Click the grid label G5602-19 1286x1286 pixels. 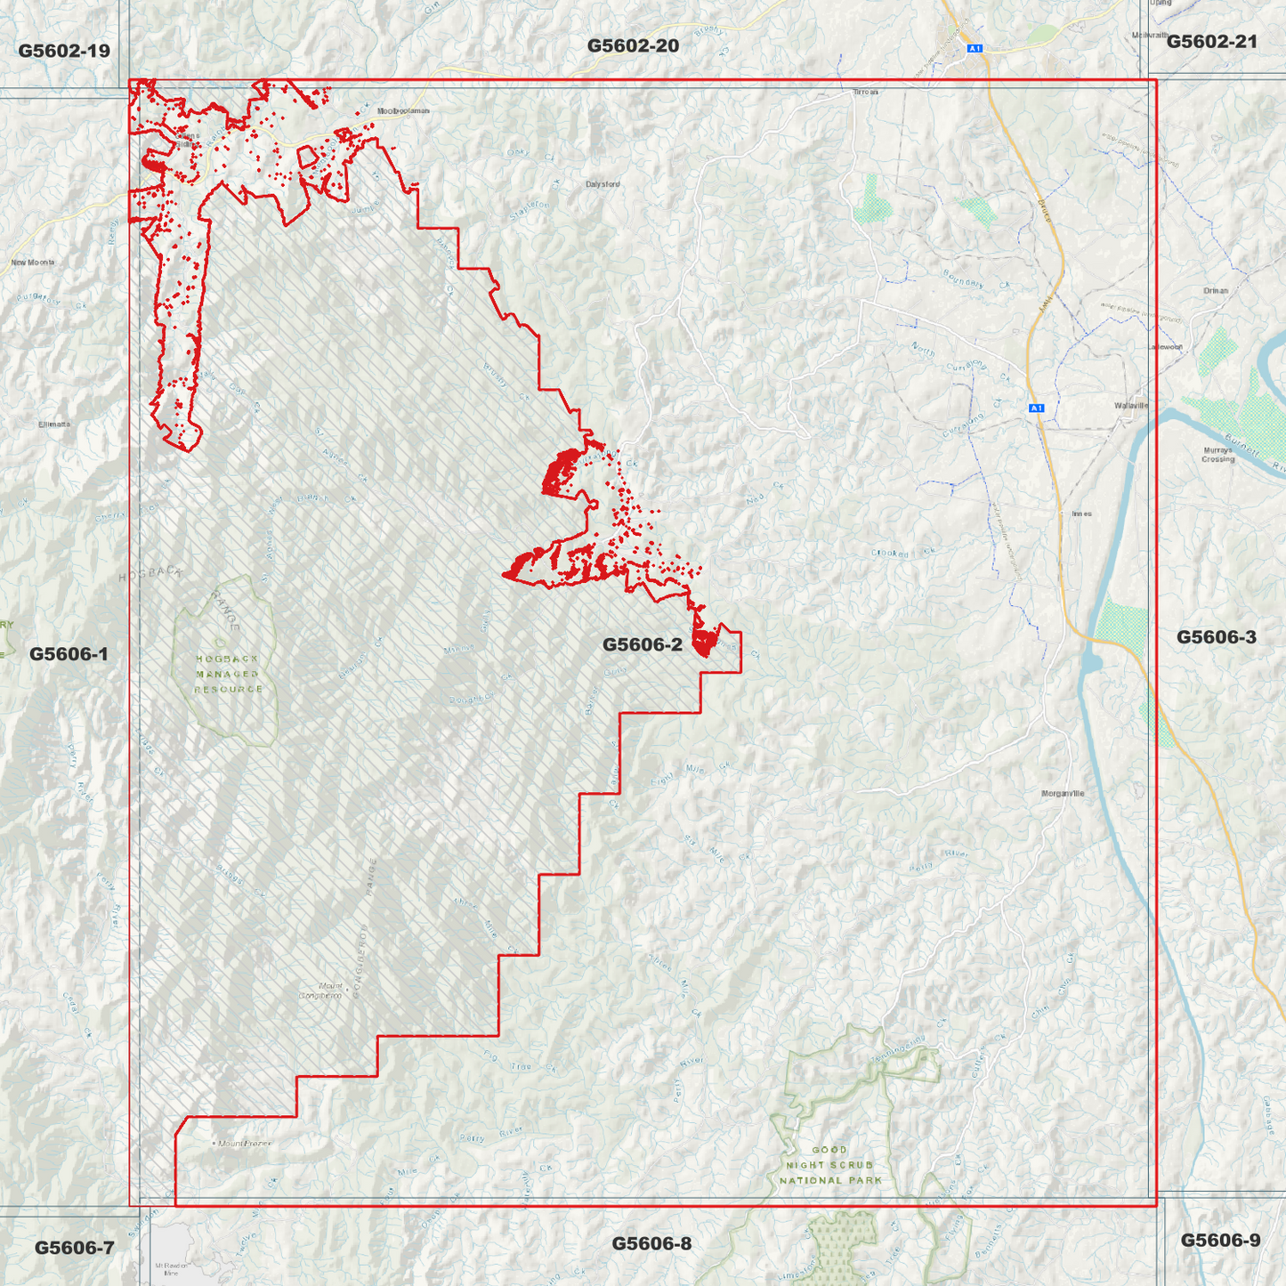click(x=64, y=51)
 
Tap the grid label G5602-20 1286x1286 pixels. click(x=633, y=45)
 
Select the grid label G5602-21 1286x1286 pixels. click(x=1211, y=41)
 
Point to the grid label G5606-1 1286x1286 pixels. click(x=69, y=654)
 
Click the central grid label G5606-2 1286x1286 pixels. click(x=642, y=644)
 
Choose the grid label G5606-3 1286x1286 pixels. click(x=1216, y=636)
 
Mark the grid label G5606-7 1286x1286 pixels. click(x=74, y=1248)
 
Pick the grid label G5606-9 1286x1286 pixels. click(x=1219, y=1241)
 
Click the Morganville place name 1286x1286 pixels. click(x=1063, y=793)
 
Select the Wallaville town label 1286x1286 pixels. click(x=1131, y=405)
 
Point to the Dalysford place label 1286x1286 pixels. click(x=603, y=184)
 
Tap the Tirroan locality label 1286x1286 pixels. click(x=865, y=92)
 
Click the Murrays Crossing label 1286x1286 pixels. click(x=1217, y=454)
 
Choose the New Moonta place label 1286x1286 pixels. click(x=33, y=263)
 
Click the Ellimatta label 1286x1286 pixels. click(x=54, y=425)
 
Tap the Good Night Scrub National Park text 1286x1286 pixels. click(x=829, y=1165)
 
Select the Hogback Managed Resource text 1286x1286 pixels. click(x=228, y=674)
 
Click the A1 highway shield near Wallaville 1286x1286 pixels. click(x=1035, y=408)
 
